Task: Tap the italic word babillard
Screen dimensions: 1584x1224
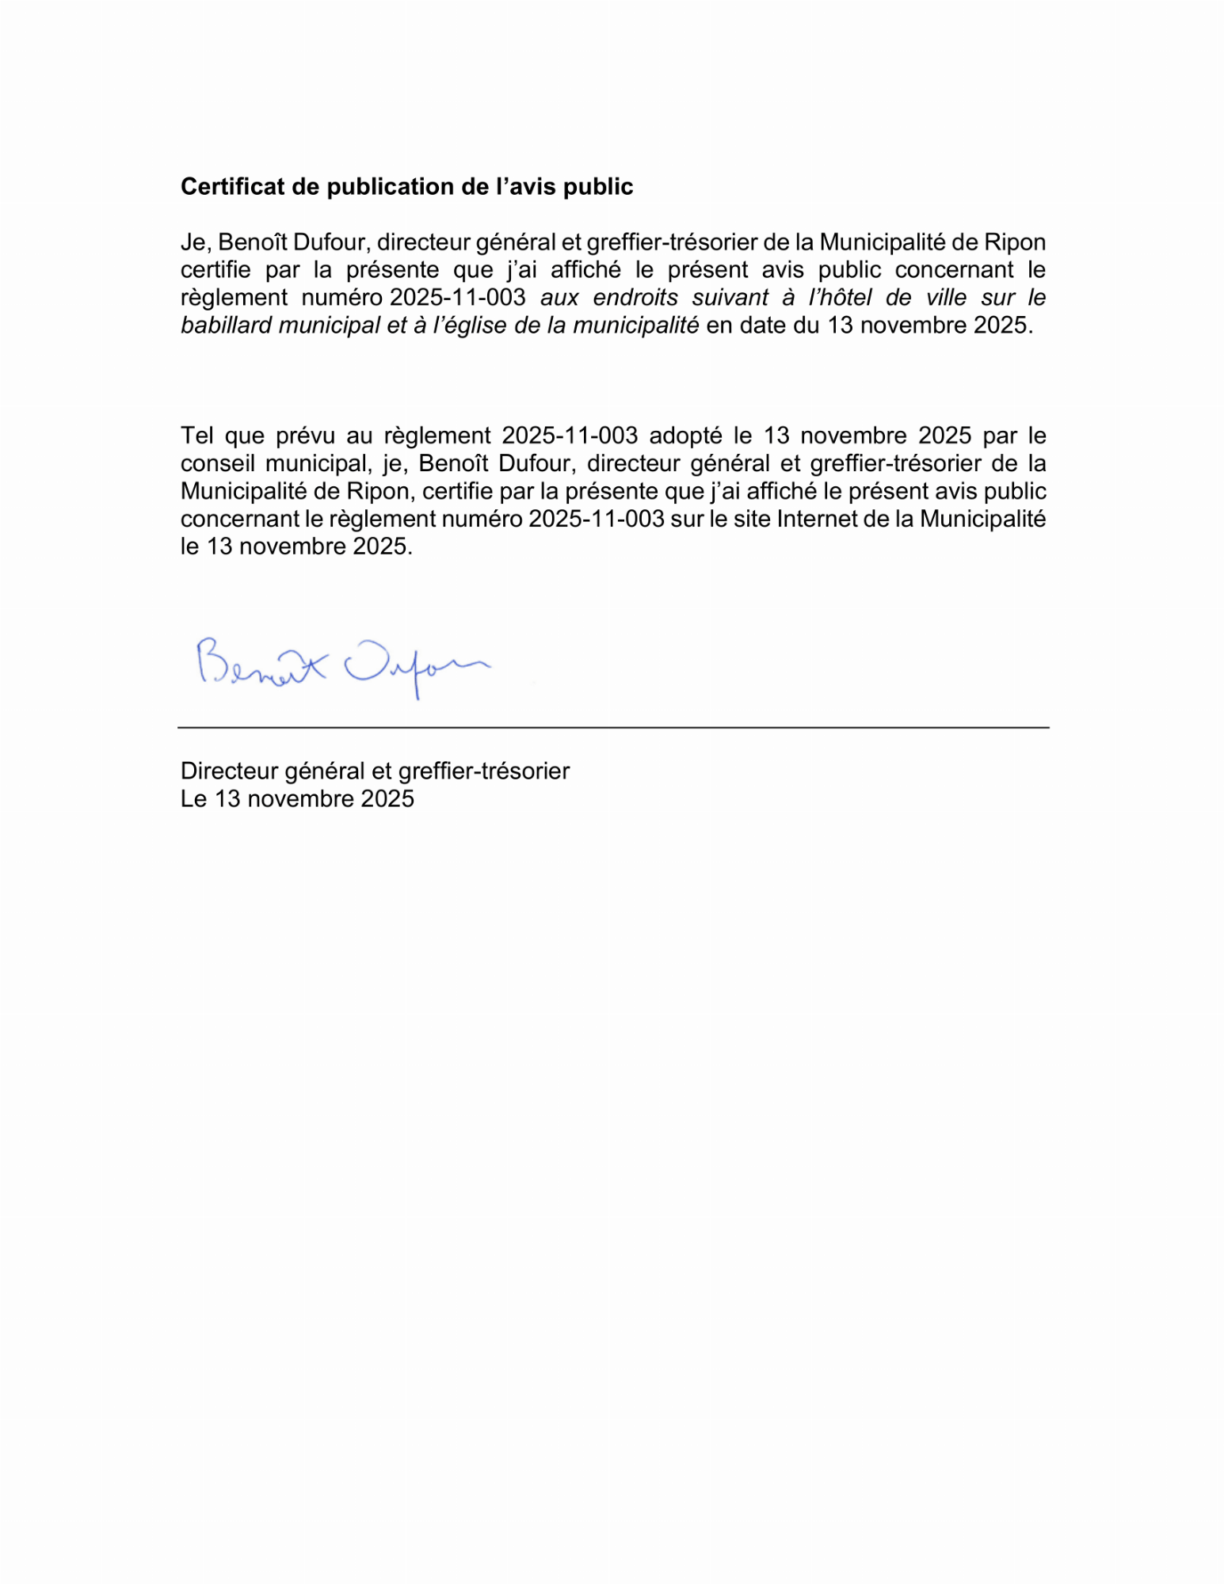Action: pyautogui.click(x=226, y=326)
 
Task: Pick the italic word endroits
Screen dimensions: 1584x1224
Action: pyautogui.click(x=635, y=298)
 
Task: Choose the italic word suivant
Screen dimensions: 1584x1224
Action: pyautogui.click(x=730, y=298)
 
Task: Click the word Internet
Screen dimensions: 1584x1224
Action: pyautogui.click(x=825, y=519)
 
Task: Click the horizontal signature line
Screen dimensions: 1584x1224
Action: pyautogui.click(x=613, y=727)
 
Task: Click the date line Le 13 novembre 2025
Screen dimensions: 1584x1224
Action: pyautogui.click(x=297, y=798)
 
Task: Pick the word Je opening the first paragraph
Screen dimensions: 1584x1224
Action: pyautogui.click(x=193, y=242)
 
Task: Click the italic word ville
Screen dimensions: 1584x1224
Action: pyautogui.click(x=947, y=298)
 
